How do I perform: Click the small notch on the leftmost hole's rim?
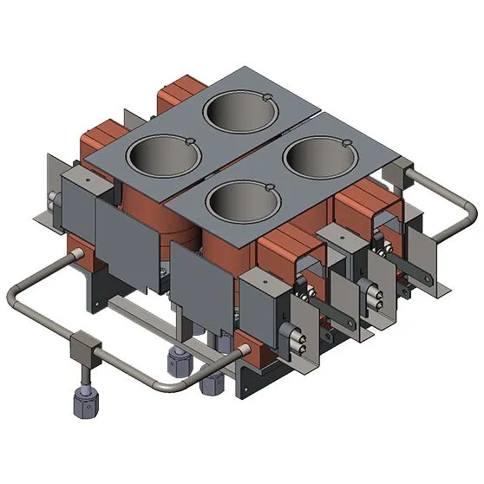pyautogui.click(x=190, y=140)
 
